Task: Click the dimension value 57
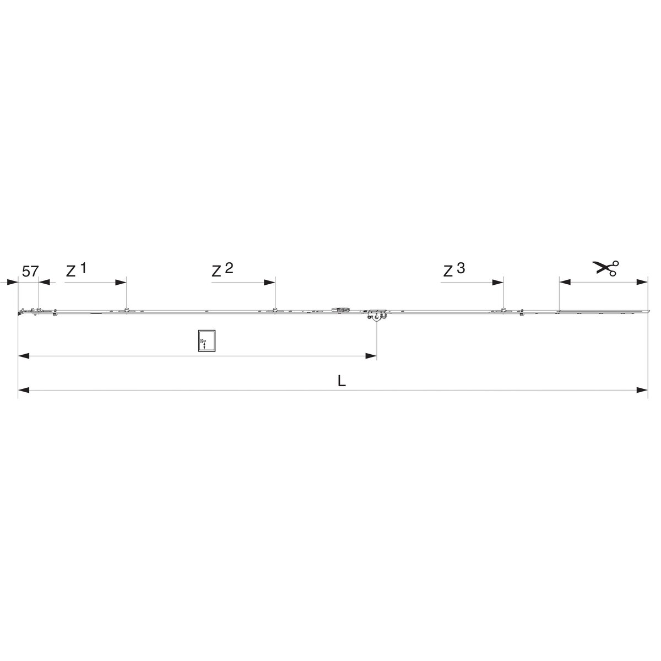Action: click(x=30, y=272)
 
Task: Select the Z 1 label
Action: click(x=76, y=269)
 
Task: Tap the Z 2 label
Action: click(x=223, y=269)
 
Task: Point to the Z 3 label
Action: click(x=454, y=269)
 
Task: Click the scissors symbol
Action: click(x=606, y=268)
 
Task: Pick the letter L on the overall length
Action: click(x=342, y=381)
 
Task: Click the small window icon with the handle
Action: click(x=207, y=341)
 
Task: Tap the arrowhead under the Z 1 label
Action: click(x=121, y=283)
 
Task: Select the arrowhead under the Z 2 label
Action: click(x=269, y=283)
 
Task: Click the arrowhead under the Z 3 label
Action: click(x=498, y=283)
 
